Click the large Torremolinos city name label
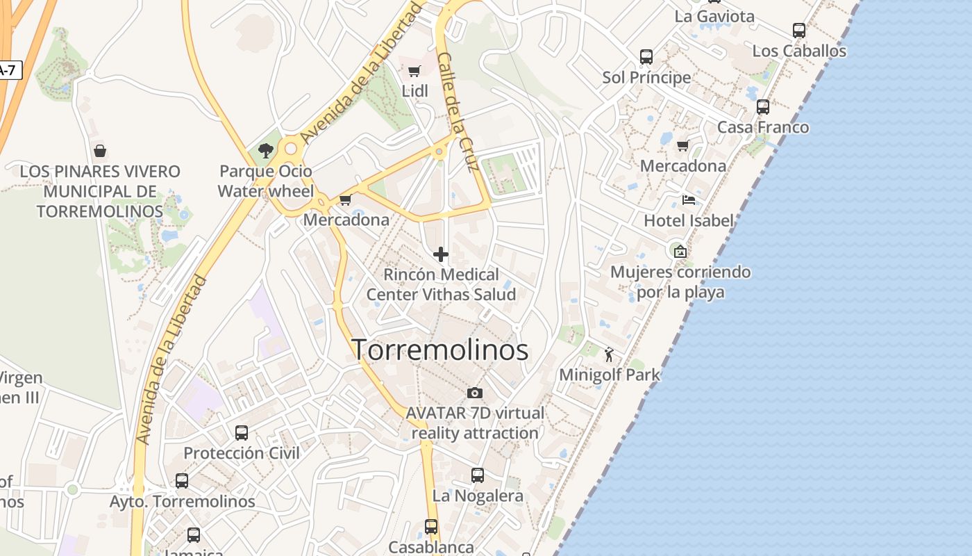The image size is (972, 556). (x=440, y=350)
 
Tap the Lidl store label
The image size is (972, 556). (x=414, y=91)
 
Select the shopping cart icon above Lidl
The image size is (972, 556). (x=414, y=71)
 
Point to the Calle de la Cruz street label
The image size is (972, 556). (x=458, y=111)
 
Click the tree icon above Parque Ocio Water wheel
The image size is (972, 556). (x=265, y=150)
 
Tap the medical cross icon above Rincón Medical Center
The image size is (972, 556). (x=441, y=254)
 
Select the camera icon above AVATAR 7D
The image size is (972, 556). (x=475, y=393)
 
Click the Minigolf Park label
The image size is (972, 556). (x=610, y=375)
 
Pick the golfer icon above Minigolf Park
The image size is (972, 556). (x=609, y=355)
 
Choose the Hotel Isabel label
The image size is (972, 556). (x=688, y=221)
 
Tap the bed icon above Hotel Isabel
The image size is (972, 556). (x=688, y=200)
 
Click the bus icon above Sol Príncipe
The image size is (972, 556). (x=646, y=57)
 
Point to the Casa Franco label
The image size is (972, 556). (x=762, y=127)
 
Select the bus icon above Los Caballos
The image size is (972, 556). (x=799, y=31)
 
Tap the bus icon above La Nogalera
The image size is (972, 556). (x=478, y=475)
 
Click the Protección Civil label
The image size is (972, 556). (x=242, y=453)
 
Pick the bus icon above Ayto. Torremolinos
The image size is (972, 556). (x=182, y=481)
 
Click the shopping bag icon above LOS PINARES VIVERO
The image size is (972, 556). (x=100, y=151)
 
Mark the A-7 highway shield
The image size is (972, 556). (x=8, y=69)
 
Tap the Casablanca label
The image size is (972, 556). (x=431, y=547)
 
